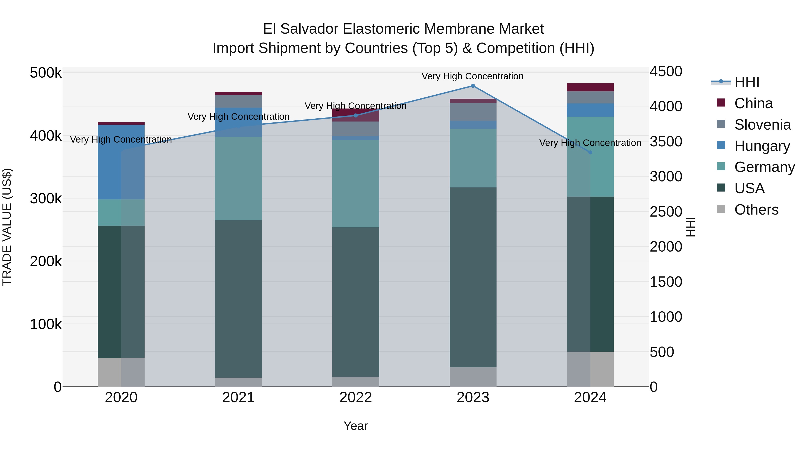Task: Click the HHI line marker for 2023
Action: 473,86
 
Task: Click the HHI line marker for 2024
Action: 590,152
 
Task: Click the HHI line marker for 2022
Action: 356,116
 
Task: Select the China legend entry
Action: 753,103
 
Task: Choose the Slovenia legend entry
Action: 762,125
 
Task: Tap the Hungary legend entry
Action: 762,146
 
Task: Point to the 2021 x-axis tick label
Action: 239,398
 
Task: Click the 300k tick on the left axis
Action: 46,198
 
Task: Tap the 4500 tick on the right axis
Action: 666,72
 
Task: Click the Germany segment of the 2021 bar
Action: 239,179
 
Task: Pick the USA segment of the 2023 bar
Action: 473,277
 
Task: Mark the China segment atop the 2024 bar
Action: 590,87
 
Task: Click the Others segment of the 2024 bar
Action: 590,369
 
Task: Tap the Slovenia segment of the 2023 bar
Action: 473,112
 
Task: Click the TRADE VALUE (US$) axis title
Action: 7,227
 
